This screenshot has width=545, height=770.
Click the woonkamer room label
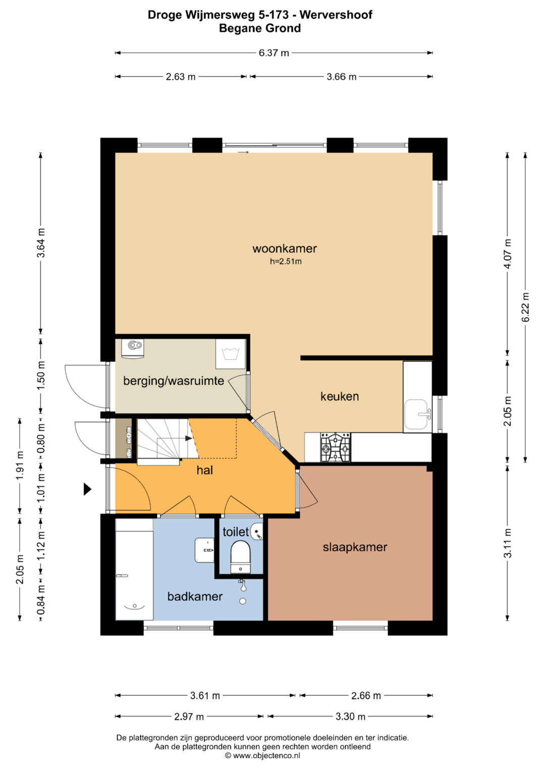(285, 249)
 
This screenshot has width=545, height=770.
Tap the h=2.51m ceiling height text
(286, 262)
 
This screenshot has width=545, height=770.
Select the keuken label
(340, 396)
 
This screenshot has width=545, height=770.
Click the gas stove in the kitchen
(336, 447)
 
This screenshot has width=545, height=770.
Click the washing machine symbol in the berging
(231, 354)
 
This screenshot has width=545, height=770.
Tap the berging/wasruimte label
(174, 381)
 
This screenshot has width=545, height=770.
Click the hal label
(205, 470)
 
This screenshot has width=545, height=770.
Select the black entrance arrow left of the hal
(87, 489)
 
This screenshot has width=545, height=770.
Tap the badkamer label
(195, 597)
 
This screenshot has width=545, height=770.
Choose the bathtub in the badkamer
(134, 569)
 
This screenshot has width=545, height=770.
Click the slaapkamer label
(355, 547)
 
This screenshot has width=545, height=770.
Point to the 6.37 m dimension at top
(274, 53)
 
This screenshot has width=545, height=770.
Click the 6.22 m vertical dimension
(525, 308)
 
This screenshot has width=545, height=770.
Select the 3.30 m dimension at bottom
(350, 717)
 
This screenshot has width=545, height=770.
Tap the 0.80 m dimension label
(41, 439)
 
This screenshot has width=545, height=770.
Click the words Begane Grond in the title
(260, 28)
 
